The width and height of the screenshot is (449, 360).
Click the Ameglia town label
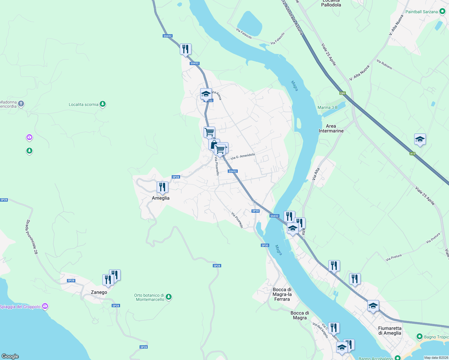click(161, 198)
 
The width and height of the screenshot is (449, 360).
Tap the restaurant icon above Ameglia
click(162, 187)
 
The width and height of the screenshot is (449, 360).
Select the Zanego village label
click(99, 292)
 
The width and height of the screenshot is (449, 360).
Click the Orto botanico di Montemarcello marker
click(169, 297)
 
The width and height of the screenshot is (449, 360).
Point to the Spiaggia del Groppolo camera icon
click(45, 306)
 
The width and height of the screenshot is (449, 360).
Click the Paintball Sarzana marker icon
click(442, 12)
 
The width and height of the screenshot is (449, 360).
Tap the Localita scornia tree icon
click(103, 104)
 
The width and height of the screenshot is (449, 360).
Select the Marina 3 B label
click(327, 107)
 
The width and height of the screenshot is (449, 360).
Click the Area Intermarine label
click(331, 128)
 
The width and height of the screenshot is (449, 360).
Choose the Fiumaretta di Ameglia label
click(390, 331)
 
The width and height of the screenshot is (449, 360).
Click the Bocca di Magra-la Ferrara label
click(282, 294)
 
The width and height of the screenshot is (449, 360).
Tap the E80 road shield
click(342, 93)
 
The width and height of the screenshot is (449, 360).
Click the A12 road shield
click(413, 154)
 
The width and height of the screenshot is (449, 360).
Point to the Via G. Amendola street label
click(243, 156)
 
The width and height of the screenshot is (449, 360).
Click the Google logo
click(10, 356)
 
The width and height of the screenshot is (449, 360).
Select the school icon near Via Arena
click(206, 94)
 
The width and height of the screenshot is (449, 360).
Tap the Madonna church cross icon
click(21, 104)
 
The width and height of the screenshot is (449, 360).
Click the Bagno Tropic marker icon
click(420, 337)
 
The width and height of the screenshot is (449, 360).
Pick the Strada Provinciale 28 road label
click(32, 237)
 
